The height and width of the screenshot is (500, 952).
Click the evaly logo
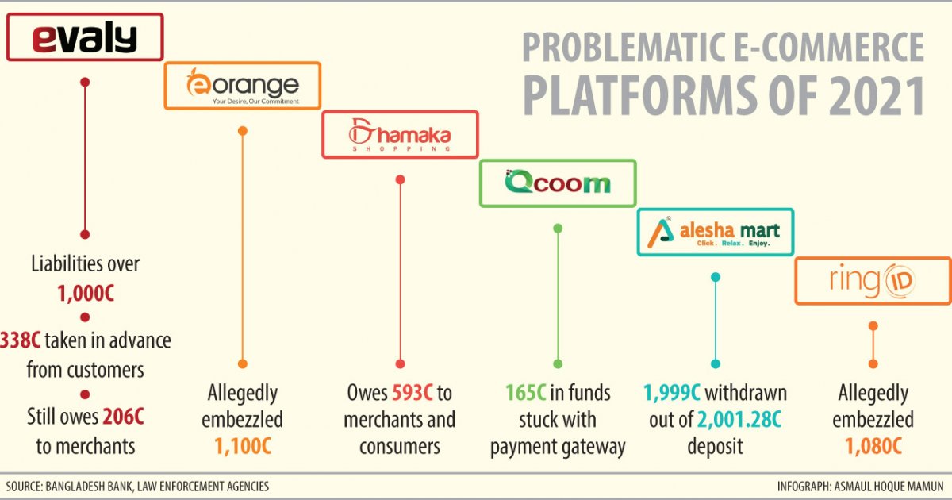(84, 38)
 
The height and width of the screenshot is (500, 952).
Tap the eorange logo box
(242, 86)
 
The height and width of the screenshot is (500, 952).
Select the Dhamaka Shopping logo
(400, 134)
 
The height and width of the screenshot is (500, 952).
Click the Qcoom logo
(558, 183)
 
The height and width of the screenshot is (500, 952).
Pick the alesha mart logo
(716, 232)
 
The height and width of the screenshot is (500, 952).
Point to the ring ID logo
(873, 281)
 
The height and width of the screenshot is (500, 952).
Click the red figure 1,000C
(85, 293)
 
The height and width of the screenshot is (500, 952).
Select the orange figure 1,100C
(242, 446)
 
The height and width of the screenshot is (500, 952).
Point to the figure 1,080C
(873, 446)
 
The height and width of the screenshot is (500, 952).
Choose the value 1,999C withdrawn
(671, 393)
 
